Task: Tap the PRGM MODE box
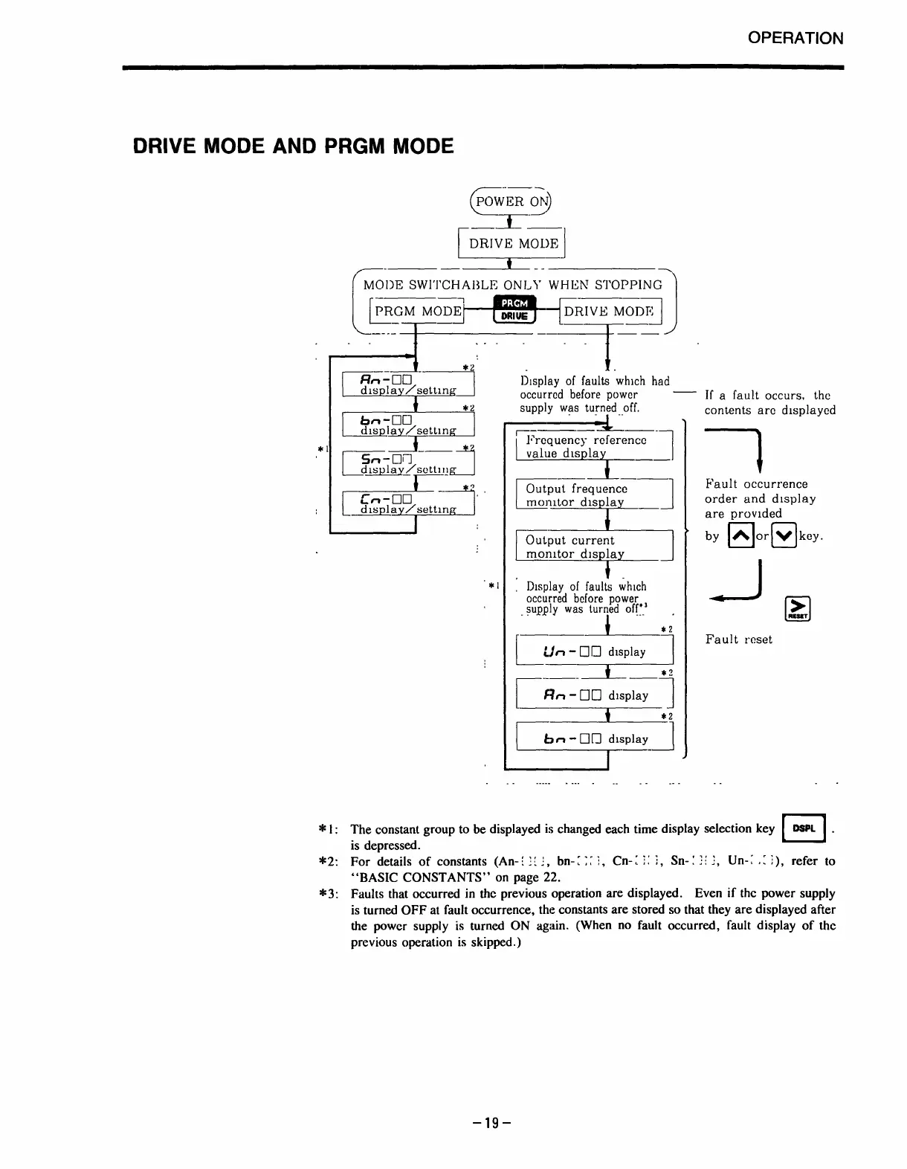(417, 311)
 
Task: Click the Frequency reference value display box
(594, 446)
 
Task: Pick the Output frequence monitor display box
(594, 495)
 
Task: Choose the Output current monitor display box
(594, 547)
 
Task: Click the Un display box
(594, 651)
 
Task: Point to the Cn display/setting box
(407, 502)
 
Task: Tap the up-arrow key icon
(740, 535)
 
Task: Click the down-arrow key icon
(784, 535)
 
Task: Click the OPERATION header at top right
(795, 38)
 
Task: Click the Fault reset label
(738, 640)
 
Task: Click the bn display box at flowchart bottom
(594, 738)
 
